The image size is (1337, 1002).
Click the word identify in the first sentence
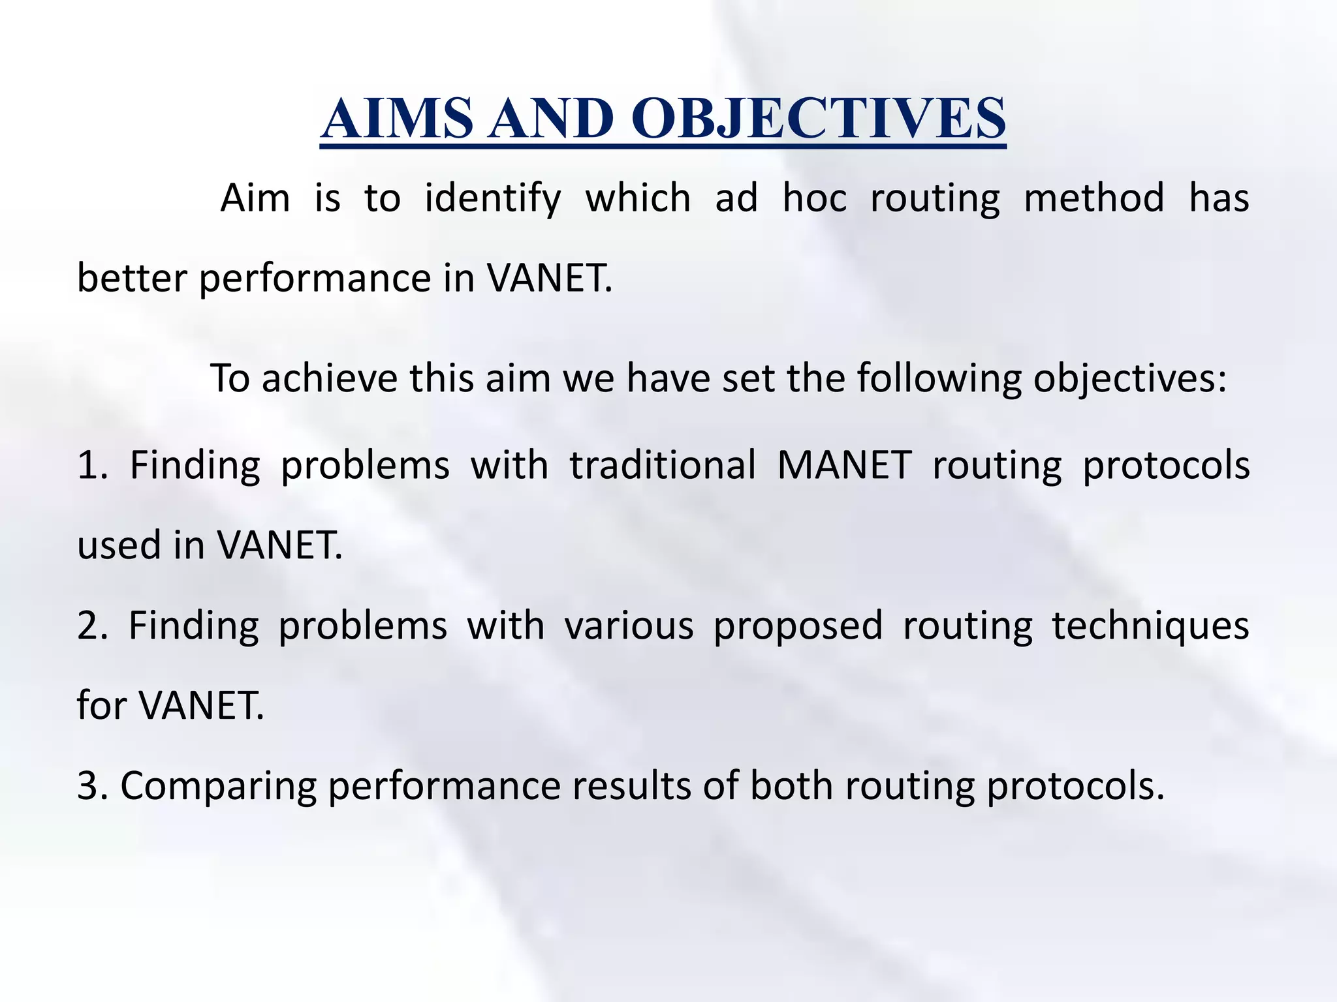coord(493,198)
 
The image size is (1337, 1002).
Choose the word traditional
coord(663,466)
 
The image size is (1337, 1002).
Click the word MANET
coord(844,466)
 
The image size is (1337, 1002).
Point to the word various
coord(629,626)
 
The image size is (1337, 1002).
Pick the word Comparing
coord(218,787)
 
